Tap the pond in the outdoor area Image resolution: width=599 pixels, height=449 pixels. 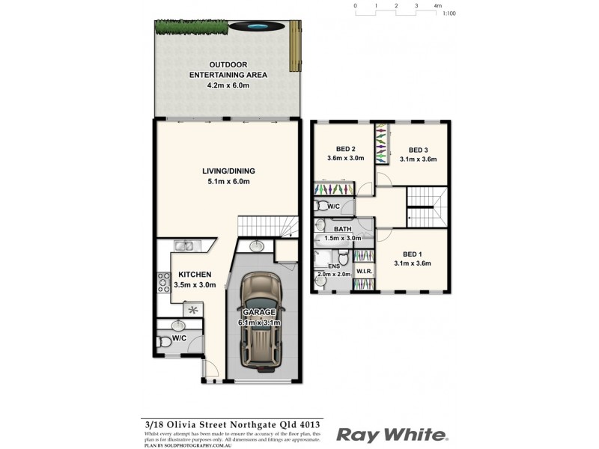pos(259,27)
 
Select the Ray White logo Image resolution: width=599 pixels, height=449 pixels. pos(392,435)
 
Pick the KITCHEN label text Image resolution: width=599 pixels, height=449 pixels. pos(195,275)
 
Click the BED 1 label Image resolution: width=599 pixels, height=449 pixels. pos(412,254)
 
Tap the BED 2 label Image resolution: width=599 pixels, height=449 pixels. pos(345,148)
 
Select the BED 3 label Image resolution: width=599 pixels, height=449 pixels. pos(418,149)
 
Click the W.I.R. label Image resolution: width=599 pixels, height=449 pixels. pos(365,271)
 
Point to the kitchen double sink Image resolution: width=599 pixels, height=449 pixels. pos(183,245)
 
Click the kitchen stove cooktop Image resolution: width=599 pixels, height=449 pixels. pos(163,283)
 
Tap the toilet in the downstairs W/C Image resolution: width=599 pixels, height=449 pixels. pos(165,341)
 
